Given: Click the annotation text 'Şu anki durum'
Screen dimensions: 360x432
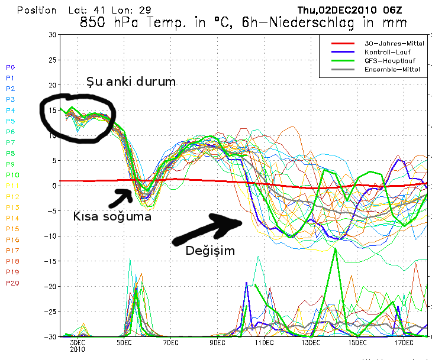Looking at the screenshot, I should tap(131, 82).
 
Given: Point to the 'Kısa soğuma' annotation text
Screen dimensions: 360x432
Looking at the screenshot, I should tap(112, 216).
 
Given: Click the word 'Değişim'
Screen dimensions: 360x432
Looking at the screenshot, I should tap(210, 250).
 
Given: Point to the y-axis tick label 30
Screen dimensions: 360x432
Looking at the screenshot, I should tap(52, 35).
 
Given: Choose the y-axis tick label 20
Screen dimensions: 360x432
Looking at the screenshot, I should tap(52, 86).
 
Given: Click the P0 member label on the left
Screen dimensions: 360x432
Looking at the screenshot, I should tap(11, 67).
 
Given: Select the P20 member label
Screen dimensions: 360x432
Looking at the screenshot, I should tap(12, 283).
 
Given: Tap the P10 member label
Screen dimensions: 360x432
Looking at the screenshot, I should tap(12, 175).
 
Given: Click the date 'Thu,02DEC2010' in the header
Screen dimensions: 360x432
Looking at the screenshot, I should tap(330, 10).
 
